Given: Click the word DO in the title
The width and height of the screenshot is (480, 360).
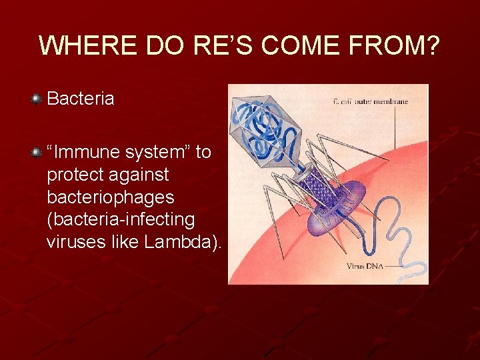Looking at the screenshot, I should [163, 46].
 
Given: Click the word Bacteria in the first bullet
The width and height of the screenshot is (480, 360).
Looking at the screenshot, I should [81, 99].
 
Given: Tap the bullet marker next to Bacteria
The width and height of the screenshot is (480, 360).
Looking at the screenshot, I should [36, 99].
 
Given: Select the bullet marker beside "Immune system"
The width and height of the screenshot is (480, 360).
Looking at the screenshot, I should [36, 153].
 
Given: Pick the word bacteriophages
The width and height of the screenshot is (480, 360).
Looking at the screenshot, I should [111, 197].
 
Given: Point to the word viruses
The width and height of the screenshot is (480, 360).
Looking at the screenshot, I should [72, 242].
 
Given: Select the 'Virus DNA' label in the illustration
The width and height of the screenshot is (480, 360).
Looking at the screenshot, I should [364, 267].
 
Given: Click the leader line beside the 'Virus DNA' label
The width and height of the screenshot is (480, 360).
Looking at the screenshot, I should [393, 267].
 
